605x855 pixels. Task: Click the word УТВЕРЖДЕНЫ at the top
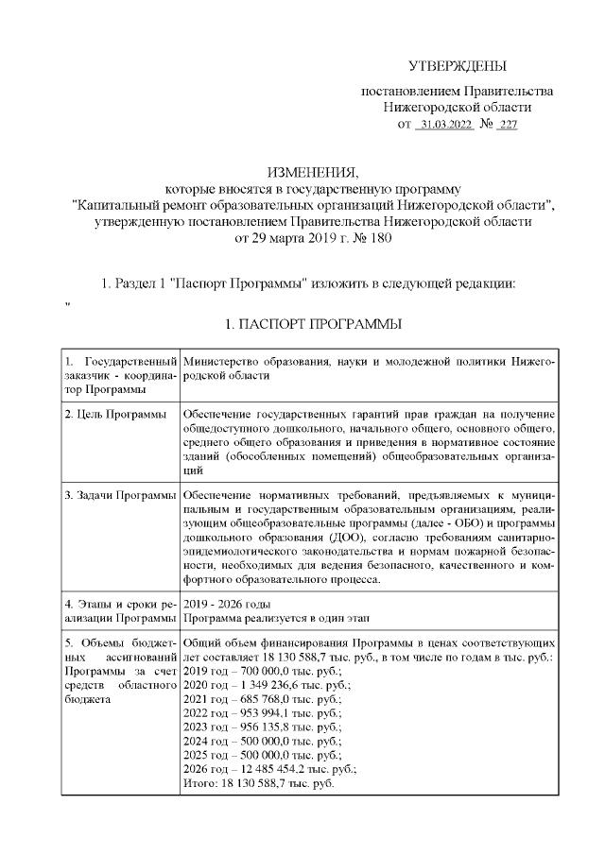(458, 65)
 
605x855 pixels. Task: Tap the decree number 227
(508, 125)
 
